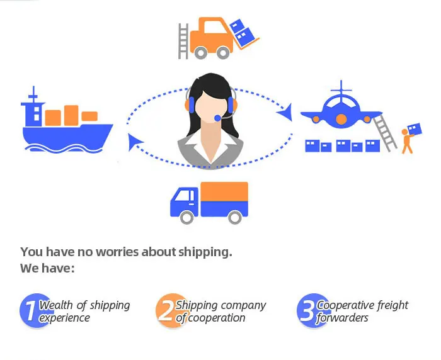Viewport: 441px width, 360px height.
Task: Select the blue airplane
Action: tap(340, 113)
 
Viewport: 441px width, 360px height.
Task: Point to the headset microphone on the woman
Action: tap(217, 118)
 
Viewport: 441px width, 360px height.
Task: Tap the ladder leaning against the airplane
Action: tap(385, 132)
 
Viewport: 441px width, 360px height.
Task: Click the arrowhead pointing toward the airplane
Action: tap(287, 113)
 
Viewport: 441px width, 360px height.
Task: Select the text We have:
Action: tap(48, 268)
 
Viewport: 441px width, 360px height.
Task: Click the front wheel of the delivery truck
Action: tap(186, 217)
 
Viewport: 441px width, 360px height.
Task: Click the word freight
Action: tap(391, 305)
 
